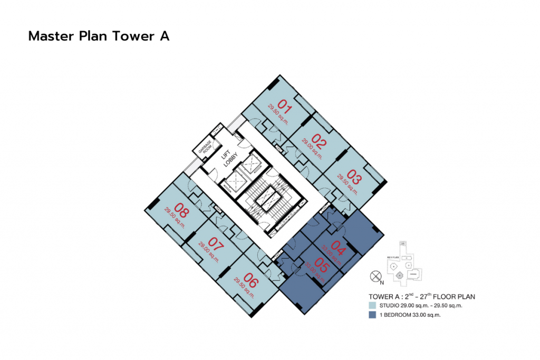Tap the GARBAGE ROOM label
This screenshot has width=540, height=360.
pyautogui.click(x=205, y=149)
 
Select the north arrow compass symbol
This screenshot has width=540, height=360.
pyautogui.click(x=375, y=276)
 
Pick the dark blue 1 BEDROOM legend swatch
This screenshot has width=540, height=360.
pyautogui.click(x=372, y=315)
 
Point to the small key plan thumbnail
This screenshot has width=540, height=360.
pyautogui.click(x=404, y=265)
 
